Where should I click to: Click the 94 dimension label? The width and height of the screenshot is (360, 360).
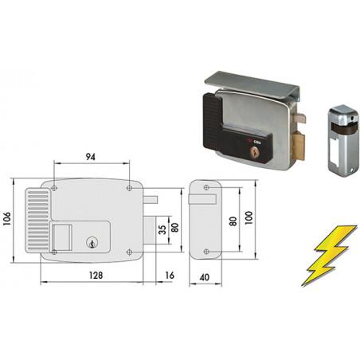[x=91, y=157]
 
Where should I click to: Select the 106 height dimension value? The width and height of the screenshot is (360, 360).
[x=6, y=219]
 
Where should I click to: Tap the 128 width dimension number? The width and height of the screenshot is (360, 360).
[x=96, y=276]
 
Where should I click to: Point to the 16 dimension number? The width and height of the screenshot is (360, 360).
[x=170, y=276]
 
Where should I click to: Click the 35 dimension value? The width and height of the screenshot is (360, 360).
[x=162, y=230]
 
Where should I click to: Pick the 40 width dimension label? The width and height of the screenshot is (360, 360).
[x=204, y=277]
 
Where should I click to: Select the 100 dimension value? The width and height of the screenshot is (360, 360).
[x=248, y=218]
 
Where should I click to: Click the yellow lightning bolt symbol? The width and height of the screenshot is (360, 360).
[x=329, y=256]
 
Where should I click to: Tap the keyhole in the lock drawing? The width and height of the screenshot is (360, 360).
[x=92, y=243]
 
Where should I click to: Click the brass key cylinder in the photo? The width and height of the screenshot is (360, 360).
[x=254, y=151]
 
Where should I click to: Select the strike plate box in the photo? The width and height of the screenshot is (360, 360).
[x=342, y=141]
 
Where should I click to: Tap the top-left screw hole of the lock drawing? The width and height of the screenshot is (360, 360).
[x=54, y=188]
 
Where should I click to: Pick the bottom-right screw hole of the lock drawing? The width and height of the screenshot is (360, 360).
[x=129, y=252]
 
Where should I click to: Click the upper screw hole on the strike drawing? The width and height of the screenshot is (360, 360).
[x=206, y=188]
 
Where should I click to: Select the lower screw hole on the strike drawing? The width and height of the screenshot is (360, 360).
[x=206, y=252]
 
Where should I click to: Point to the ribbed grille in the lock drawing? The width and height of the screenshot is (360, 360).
[x=38, y=221]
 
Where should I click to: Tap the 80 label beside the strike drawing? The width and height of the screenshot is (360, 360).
[x=233, y=221]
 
